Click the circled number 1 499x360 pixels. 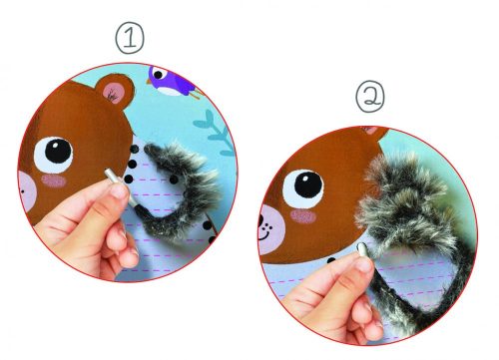[x=130, y=38]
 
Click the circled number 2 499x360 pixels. [x=370, y=96]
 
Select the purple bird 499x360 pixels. [x=173, y=82]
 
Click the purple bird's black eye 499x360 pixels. [x=159, y=75]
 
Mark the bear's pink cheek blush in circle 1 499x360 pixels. [x=54, y=180]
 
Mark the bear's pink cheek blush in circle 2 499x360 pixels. [x=302, y=216]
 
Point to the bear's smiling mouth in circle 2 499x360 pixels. [x=263, y=235]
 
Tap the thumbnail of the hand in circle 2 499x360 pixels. [x=364, y=265]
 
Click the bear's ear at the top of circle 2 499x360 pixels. [x=376, y=132]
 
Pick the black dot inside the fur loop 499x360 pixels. [x=174, y=180]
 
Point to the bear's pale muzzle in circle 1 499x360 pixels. [x=27, y=191]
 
